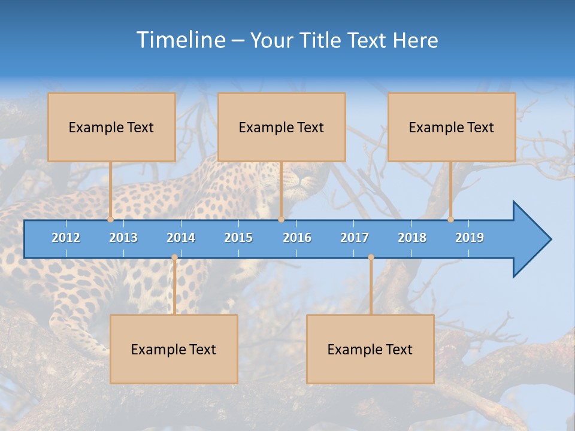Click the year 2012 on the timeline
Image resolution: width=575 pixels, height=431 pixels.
click(x=66, y=238)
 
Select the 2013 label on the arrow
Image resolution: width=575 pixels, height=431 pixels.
click(x=123, y=238)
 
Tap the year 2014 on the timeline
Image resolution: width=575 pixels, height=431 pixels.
click(x=181, y=238)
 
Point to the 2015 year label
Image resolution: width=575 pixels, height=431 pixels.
click(x=238, y=238)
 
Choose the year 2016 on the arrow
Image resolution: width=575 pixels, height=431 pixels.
click(x=297, y=238)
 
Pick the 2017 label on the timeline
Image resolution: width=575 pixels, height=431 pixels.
click(x=355, y=238)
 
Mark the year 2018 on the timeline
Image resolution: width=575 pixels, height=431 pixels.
click(x=412, y=238)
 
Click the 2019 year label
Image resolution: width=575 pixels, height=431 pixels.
click(x=470, y=238)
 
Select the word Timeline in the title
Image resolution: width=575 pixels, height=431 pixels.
click(x=180, y=40)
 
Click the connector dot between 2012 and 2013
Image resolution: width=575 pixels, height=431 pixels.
click(x=110, y=220)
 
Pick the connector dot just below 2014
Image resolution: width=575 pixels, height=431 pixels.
click(x=174, y=257)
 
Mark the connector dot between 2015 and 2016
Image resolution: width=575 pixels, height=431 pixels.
click(x=281, y=220)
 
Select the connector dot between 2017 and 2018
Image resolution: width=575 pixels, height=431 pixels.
click(x=371, y=257)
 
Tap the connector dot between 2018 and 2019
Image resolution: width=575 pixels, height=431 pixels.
click(x=450, y=220)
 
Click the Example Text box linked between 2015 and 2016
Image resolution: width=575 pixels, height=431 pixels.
click(x=282, y=127)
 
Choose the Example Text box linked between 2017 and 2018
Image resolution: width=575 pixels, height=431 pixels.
click(x=370, y=349)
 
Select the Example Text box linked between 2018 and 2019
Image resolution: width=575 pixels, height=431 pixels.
click(x=452, y=127)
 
